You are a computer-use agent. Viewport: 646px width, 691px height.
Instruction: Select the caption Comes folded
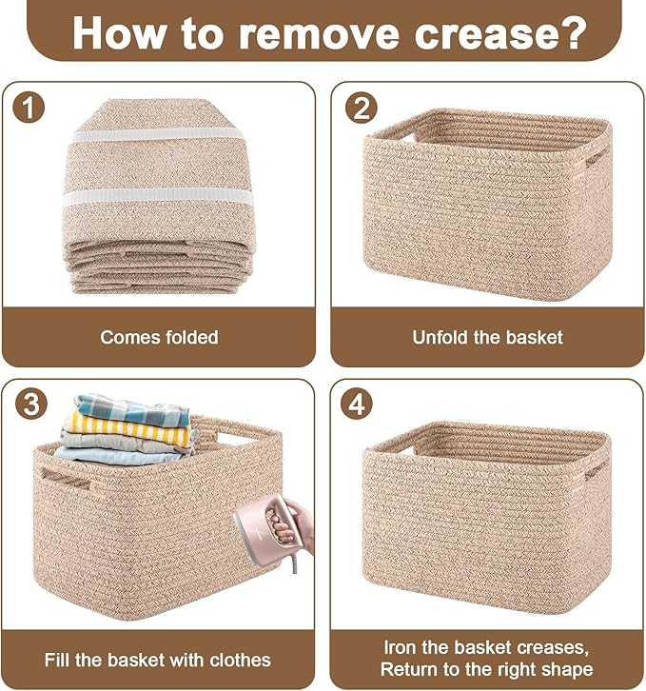click(x=159, y=337)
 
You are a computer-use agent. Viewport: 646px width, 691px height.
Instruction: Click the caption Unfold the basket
click(x=487, y=337)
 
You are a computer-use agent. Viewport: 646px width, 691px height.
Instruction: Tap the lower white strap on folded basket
click(x=159, y=198)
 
